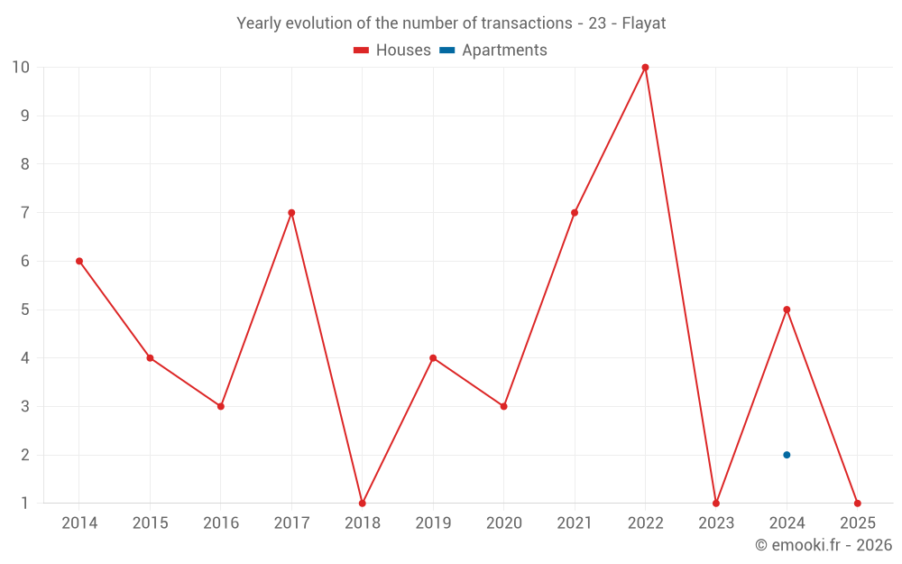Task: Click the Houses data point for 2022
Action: [645, 68]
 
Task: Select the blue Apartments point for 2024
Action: [787, 455]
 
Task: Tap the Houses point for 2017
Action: [291, 213]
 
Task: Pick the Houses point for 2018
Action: [362, 503]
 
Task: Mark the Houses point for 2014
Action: [79, 261]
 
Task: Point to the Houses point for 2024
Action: [787, 310]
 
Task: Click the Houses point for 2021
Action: [575, 213]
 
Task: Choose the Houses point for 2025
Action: [857, 503]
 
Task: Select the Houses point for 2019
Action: [433, 358]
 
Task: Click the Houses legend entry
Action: [392, 51]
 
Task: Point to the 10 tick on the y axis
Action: [21, 68]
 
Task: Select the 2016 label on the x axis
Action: [221, 523]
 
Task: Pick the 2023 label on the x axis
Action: [716, 523]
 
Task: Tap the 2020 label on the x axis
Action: [503, 523]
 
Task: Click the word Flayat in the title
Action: [644, 23]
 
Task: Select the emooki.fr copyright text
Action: [824, 545]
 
